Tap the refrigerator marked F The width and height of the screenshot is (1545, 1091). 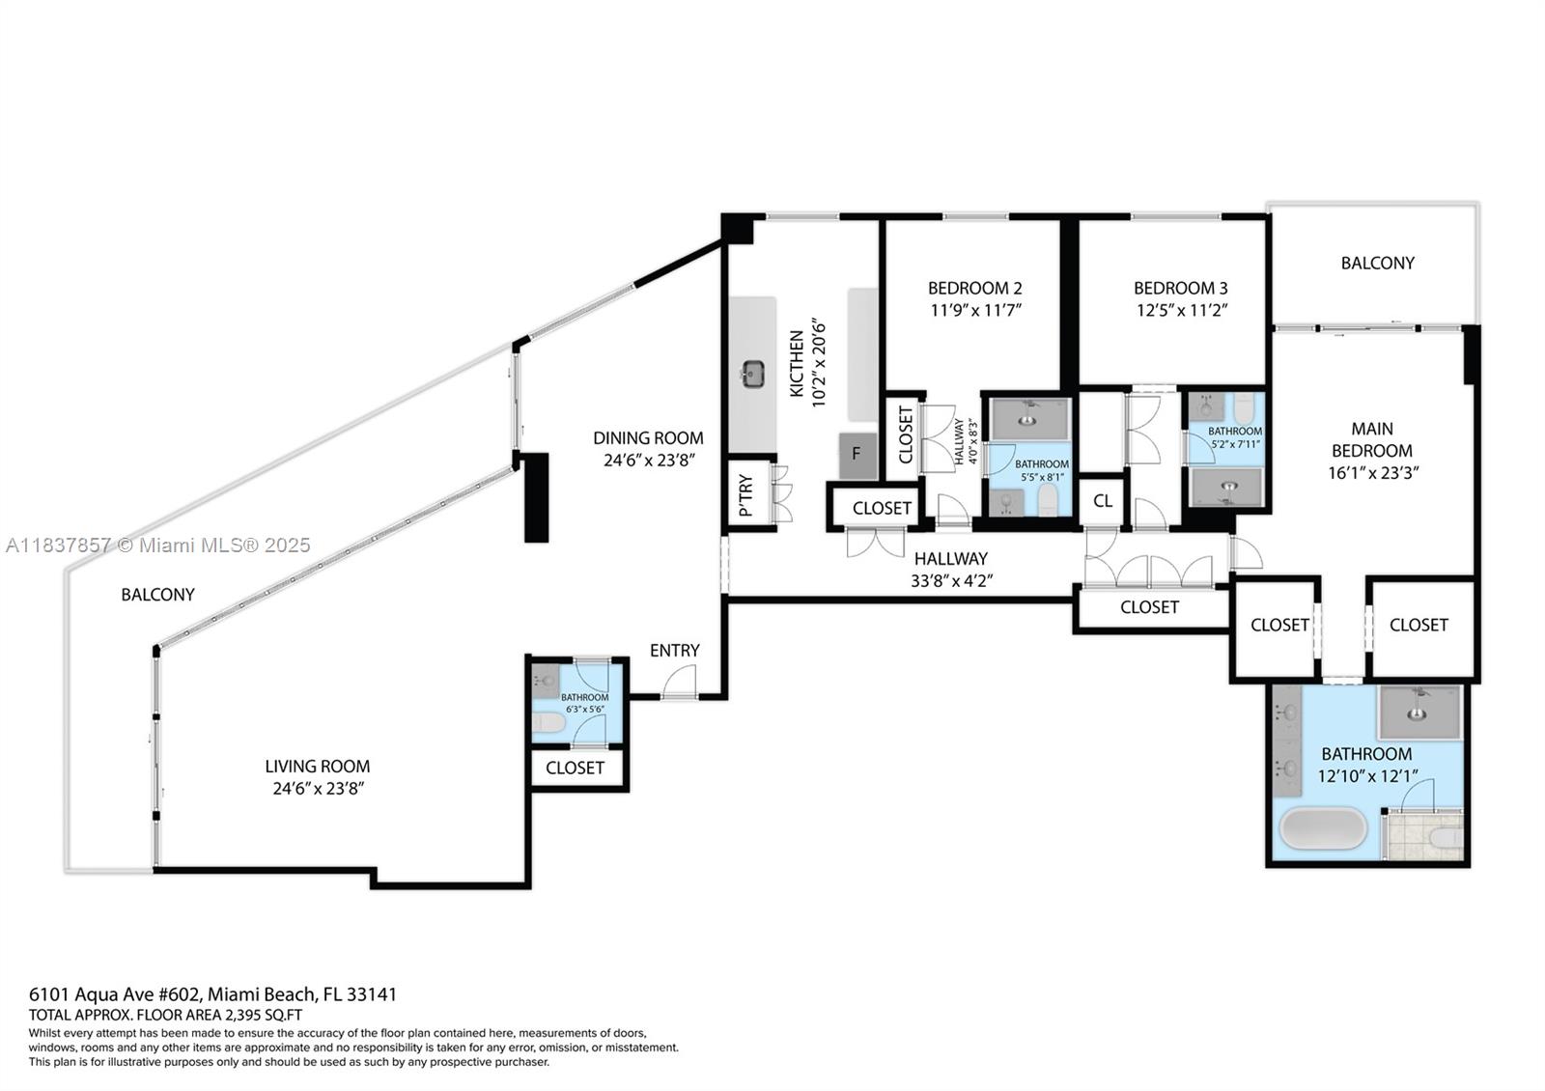[857, 454]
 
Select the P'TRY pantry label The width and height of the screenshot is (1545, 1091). [745, 495]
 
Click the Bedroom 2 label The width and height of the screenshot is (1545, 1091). [974, 288]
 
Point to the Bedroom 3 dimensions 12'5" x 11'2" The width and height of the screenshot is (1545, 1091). [1180, 310]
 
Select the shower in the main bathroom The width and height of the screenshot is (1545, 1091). [1419, 712]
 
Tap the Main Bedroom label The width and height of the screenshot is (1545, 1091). [1371, 439]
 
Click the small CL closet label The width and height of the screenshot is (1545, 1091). [1102, 501]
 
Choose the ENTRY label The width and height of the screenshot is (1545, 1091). [674, 651]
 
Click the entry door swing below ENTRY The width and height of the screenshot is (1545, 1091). [680, 683]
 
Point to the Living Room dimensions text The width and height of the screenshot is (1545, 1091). [318, 789]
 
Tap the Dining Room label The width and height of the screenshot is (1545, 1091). [648, 437]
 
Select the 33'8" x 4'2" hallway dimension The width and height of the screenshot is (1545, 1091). [951, 581]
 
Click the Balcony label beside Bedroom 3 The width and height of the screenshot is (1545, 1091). [1377, 263]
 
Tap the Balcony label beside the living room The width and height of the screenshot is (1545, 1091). [157, 595]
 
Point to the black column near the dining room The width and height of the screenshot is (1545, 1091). [536, 497]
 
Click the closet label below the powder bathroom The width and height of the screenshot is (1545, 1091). [575, 768]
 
